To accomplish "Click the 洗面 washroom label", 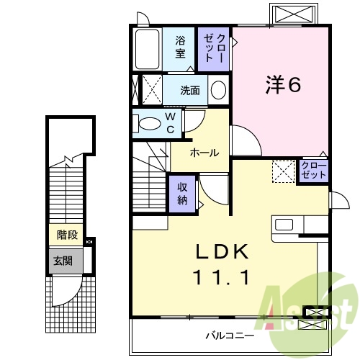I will click(x=190, y=91).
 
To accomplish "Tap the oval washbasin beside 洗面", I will click(x=218, y=90).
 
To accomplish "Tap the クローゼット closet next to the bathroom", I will click(x=215, y=48).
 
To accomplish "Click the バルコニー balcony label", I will click(x=229, y=336).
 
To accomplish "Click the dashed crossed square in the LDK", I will click(x=283, y=171).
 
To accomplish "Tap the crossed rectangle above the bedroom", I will click(x=293, y=14).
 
